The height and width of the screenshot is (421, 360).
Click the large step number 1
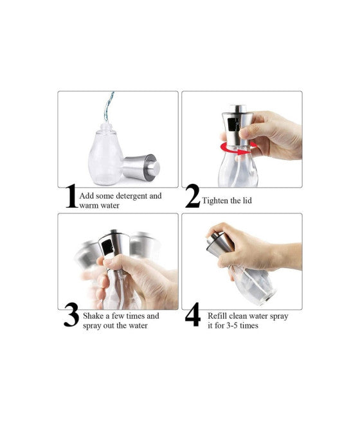pyautogui.click(x=71, y=197)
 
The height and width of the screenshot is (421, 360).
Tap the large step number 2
pyautogui.click(x=192, y=197)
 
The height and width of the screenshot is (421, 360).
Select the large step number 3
pyautogui.click(x=71, y=318)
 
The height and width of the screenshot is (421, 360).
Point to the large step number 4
pyautogui.click(x=193, y=318)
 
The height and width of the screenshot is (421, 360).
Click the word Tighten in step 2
pyautogui.click(x=217, y=201)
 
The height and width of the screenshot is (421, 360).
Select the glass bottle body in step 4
pyautogui.click(x=254, y=286)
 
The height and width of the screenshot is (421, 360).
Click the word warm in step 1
pyautogui.click(x=89, y=206)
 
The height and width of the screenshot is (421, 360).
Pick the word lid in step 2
pyautogui.click(x=246, y=201)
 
